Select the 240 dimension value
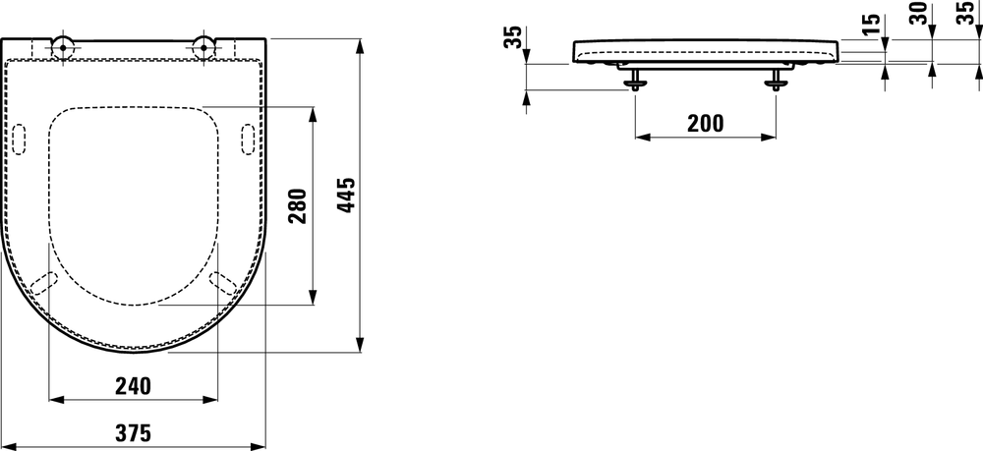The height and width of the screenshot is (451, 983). [134, 386]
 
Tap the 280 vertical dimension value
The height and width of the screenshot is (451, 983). [299, 205]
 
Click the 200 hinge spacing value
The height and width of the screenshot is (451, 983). [705, 123]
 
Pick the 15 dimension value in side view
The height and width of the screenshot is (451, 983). [870, 25]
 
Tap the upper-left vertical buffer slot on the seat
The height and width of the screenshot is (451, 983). [21, 140]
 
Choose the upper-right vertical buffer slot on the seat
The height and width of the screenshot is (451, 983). [248, 140]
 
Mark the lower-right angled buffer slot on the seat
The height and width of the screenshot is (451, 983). [223, 282]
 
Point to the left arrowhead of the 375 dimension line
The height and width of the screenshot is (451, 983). [7, 445]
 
